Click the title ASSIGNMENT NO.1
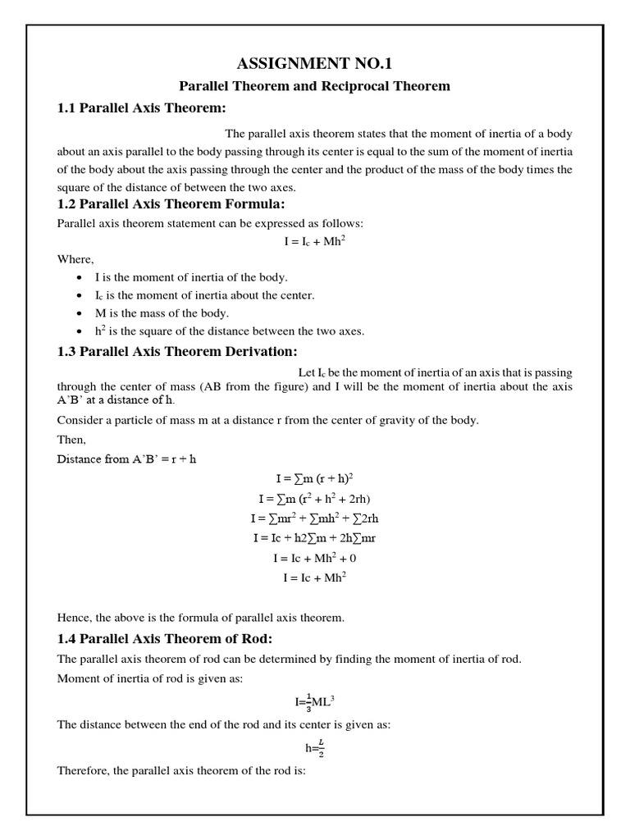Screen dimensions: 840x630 pyautogui.click(x=314, y=64)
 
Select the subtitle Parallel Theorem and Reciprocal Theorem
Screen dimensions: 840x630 pyautogui.click(x=314, y=86)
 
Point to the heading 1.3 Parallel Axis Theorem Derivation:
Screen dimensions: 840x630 pyautogui.click(x=176, y=352)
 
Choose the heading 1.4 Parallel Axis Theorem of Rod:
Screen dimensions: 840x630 pyautogui.click(x=164, y=639)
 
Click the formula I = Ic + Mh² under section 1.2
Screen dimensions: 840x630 pyautogui.click(x=314, y=241)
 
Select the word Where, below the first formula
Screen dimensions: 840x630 pyautogui.click(x=75, y=259)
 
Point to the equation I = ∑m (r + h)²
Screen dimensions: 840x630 pyautogui.click(x=314, y=479)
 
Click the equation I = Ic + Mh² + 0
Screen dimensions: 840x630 pyautogui.click(x=314, y=558)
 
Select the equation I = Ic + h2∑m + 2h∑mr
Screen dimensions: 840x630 pyautogui.click(x=314, y=538)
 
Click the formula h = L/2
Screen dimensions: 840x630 pyautogui.click(x=314, y=747)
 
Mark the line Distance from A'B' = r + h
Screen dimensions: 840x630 pyautogui.click(x=126, y=459)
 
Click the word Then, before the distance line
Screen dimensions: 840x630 pyautogui.click(x=71, y=440)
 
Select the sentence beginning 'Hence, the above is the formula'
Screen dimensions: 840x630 pyautogui.click(x=200, y=617)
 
